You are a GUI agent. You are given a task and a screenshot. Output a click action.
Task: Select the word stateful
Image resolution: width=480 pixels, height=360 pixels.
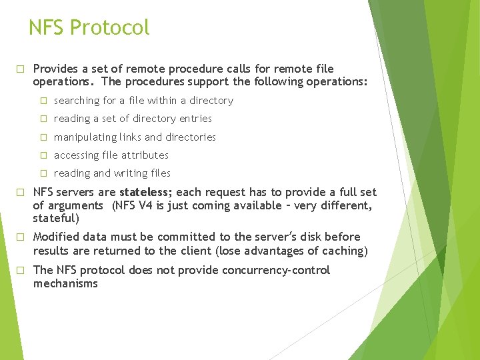coord(56,218)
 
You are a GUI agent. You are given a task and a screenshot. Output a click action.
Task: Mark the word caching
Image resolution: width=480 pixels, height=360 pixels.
coord(345,251)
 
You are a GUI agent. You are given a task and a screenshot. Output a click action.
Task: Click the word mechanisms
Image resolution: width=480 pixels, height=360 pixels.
coord(65,283)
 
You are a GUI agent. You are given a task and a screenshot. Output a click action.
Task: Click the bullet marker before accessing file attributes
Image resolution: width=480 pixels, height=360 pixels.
coord(43,155)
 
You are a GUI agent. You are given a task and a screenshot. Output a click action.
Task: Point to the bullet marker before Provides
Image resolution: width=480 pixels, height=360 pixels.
coord(21,69)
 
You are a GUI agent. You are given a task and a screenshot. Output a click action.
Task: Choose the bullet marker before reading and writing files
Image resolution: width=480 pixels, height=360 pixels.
coord(43,173)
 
